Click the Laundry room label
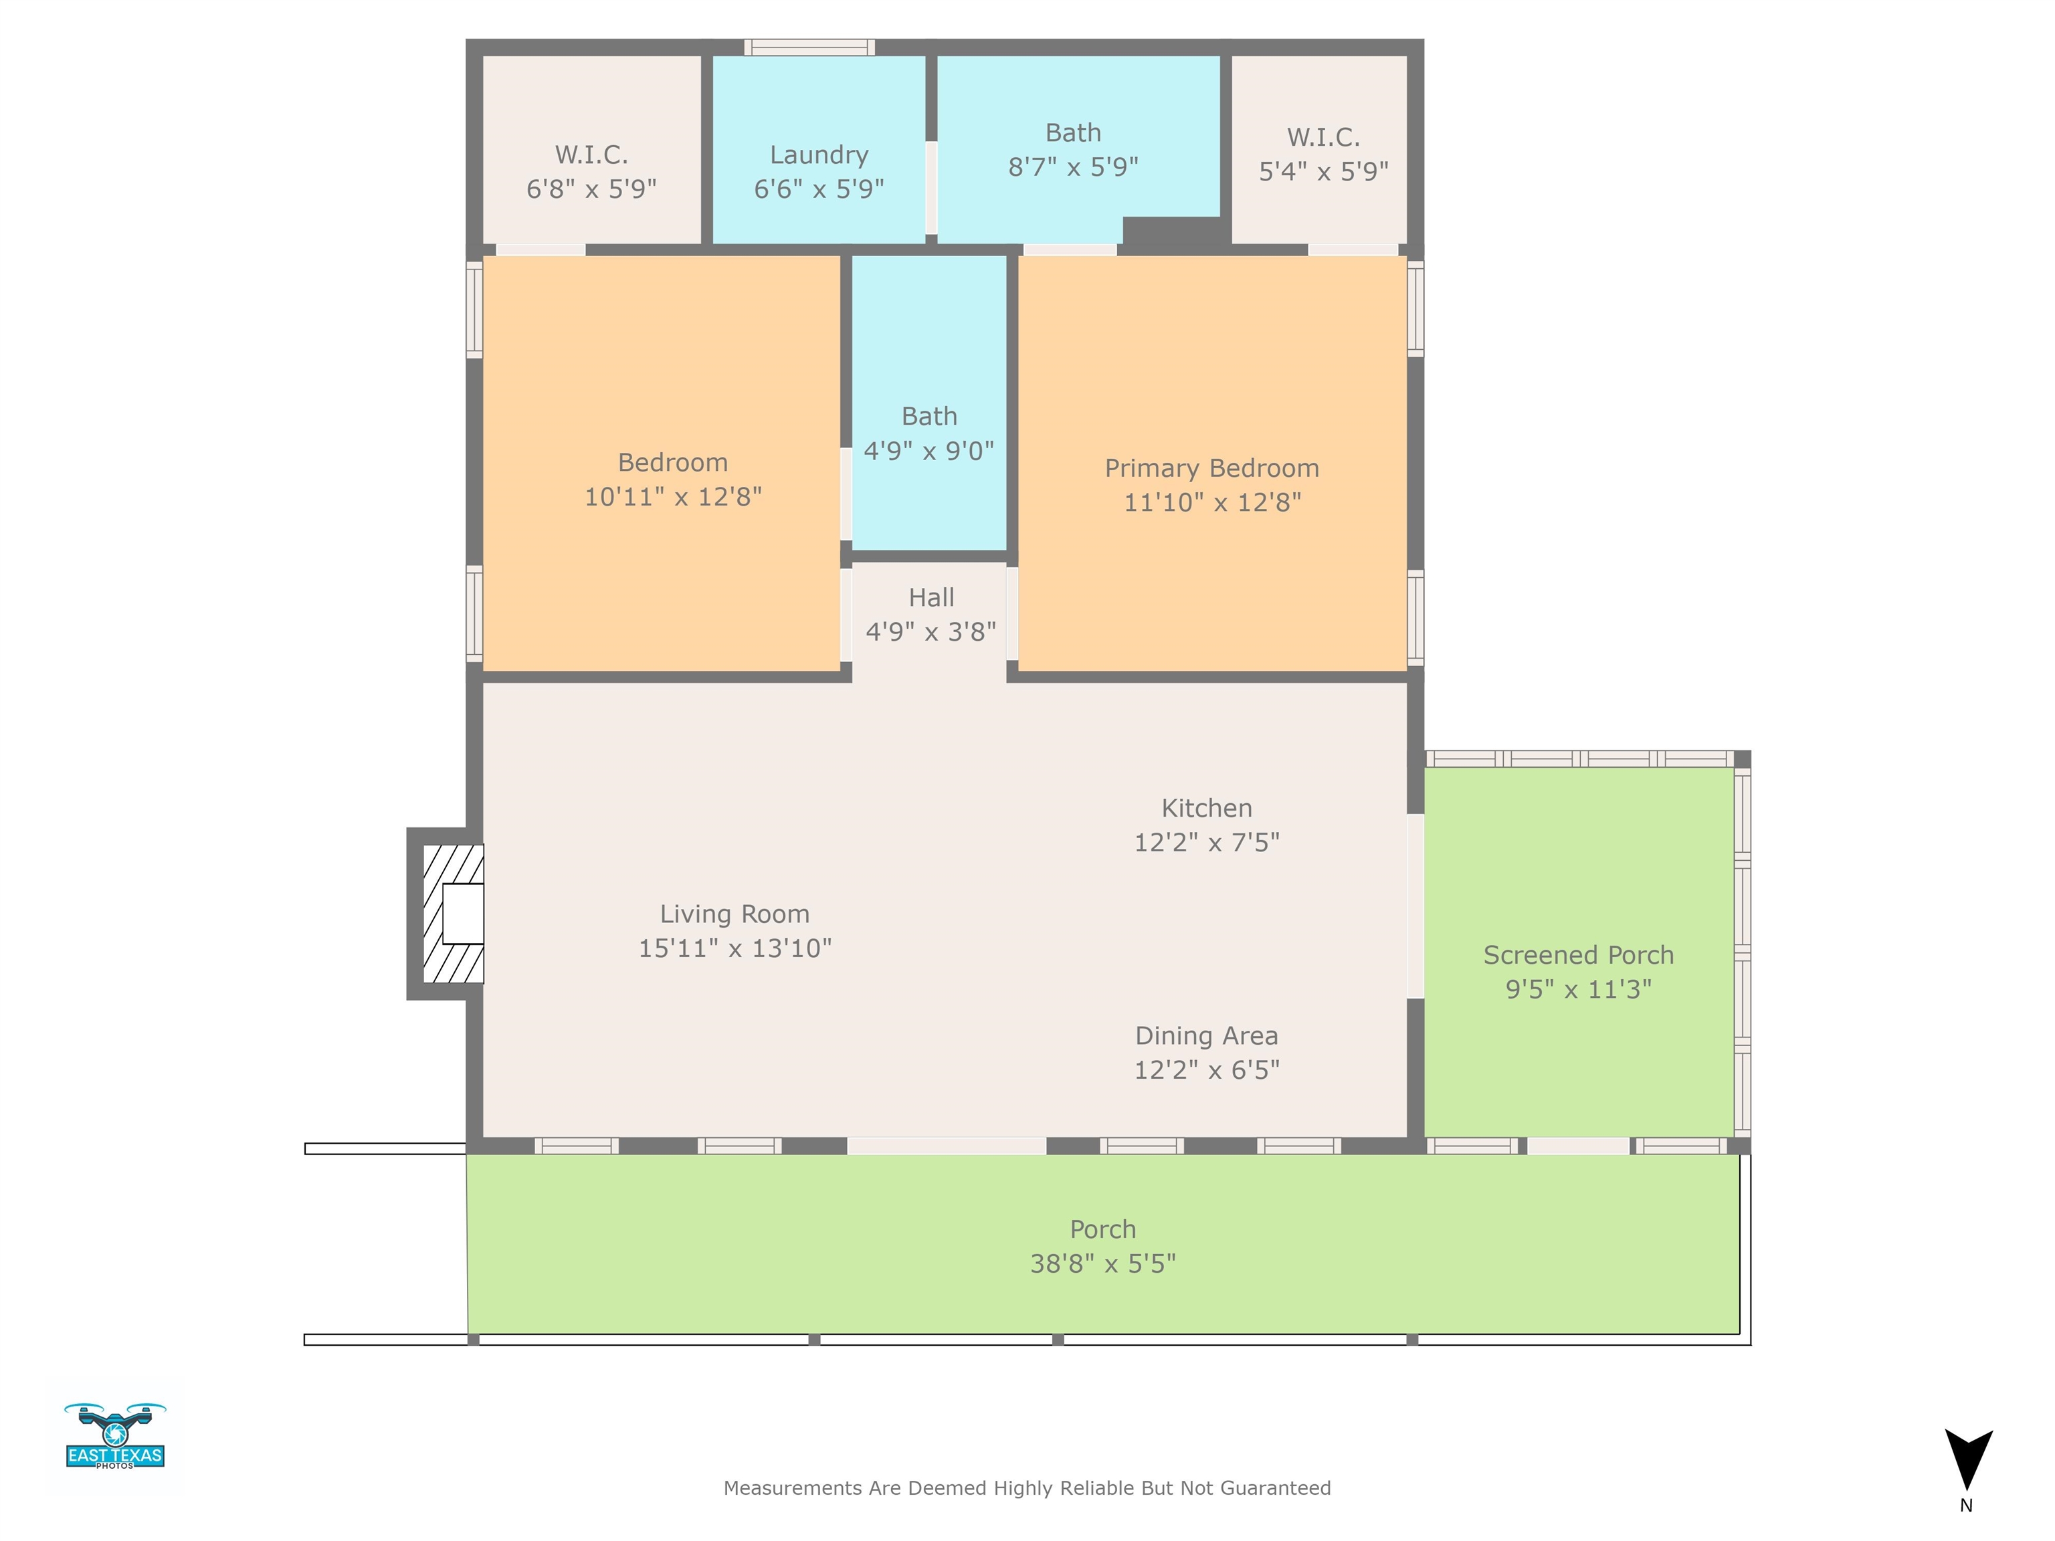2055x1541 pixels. pos(819,155)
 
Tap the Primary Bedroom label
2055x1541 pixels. pos(1211,468)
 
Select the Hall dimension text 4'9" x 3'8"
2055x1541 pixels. pos(931,631)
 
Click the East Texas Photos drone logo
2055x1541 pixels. pos(115,1435)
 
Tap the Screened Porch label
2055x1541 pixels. pos(1579,955)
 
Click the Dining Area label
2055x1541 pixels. pos(1207,1035)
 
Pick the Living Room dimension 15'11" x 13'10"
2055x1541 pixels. pos(735,948)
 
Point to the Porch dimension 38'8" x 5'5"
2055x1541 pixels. pos(1102,1263)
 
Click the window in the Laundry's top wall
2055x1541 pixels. pos(809,47)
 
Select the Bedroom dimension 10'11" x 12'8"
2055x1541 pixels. pos(672,497)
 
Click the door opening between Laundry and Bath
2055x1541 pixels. pos(931,188)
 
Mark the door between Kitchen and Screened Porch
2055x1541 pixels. pos(1416,906)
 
